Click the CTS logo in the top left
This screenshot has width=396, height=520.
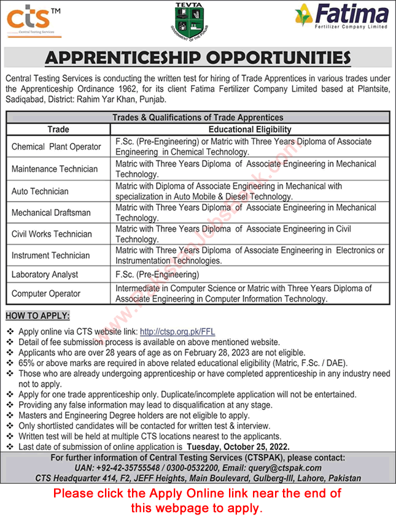[34, 19]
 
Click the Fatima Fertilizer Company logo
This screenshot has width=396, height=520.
[341, 16]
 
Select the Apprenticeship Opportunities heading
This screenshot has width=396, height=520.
[198, 58]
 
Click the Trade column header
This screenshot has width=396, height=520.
[58, 129]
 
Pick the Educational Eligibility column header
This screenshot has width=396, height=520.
[249, 129]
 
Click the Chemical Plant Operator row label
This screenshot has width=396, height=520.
[56, 147]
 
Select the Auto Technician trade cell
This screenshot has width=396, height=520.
[40, 191]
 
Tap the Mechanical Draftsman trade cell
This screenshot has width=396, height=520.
[51, 213]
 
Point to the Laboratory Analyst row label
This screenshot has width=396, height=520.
[45, 275]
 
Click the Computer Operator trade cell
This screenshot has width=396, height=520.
[46, 293]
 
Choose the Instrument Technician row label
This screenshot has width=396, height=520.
[50, 255]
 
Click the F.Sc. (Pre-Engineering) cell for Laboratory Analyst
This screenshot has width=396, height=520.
[157, 275]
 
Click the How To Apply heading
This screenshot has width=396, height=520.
[37, 317]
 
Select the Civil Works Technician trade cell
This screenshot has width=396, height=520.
[52, 234]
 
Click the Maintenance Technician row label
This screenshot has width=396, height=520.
[55, 169]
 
